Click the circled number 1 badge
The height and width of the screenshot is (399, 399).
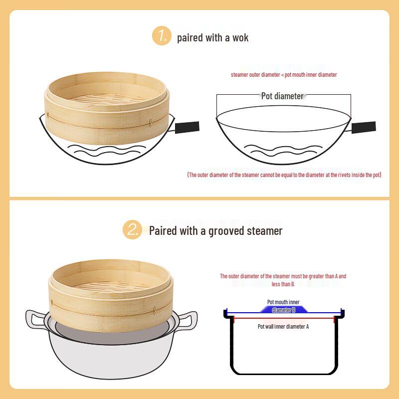(x=162, y=36)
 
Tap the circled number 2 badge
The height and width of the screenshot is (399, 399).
(x=133, y=230)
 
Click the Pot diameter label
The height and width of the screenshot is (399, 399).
(x=282, y=96)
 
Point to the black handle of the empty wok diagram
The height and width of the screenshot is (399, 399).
(x=364, y=127)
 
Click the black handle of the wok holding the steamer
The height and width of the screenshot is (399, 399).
(x=187, y=127)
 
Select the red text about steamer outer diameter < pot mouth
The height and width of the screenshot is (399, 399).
(x=284, y=75)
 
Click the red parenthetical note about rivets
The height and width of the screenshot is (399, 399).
(x=284, y=175)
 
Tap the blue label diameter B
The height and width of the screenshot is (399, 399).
(x=283, y=310)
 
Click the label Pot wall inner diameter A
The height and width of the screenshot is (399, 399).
(x=283, y=327)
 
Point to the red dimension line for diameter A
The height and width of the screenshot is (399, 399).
(x=283, y=318)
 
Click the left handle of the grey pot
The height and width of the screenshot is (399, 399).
(x=35, y=319)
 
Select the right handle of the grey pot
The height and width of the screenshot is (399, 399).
(x=188, y=319)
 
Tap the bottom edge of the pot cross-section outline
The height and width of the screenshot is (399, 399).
(x=283, y=373)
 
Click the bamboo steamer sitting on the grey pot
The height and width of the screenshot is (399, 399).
(x=112, y=294)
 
